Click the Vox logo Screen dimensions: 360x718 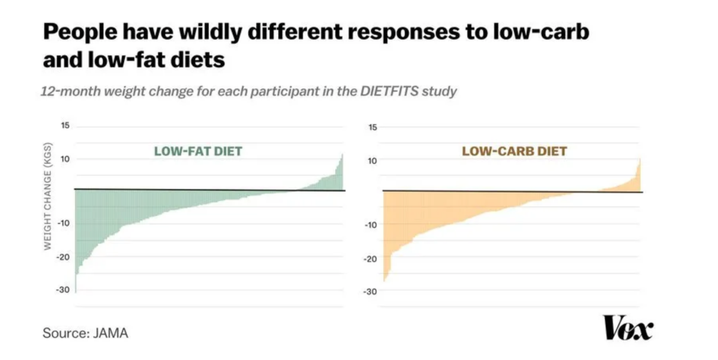coord(628,328)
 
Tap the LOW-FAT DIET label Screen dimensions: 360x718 coord(198,151)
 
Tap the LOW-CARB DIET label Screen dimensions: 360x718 coord(514,151)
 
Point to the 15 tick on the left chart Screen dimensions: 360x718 coord(65,126)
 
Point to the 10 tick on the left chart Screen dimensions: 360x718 coord(65,159)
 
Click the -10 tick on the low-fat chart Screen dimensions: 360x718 coord(63,223)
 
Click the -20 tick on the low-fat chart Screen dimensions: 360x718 coord(63,257)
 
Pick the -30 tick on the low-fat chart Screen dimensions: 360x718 coord(63,290)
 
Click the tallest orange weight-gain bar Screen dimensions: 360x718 coord(639,175)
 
